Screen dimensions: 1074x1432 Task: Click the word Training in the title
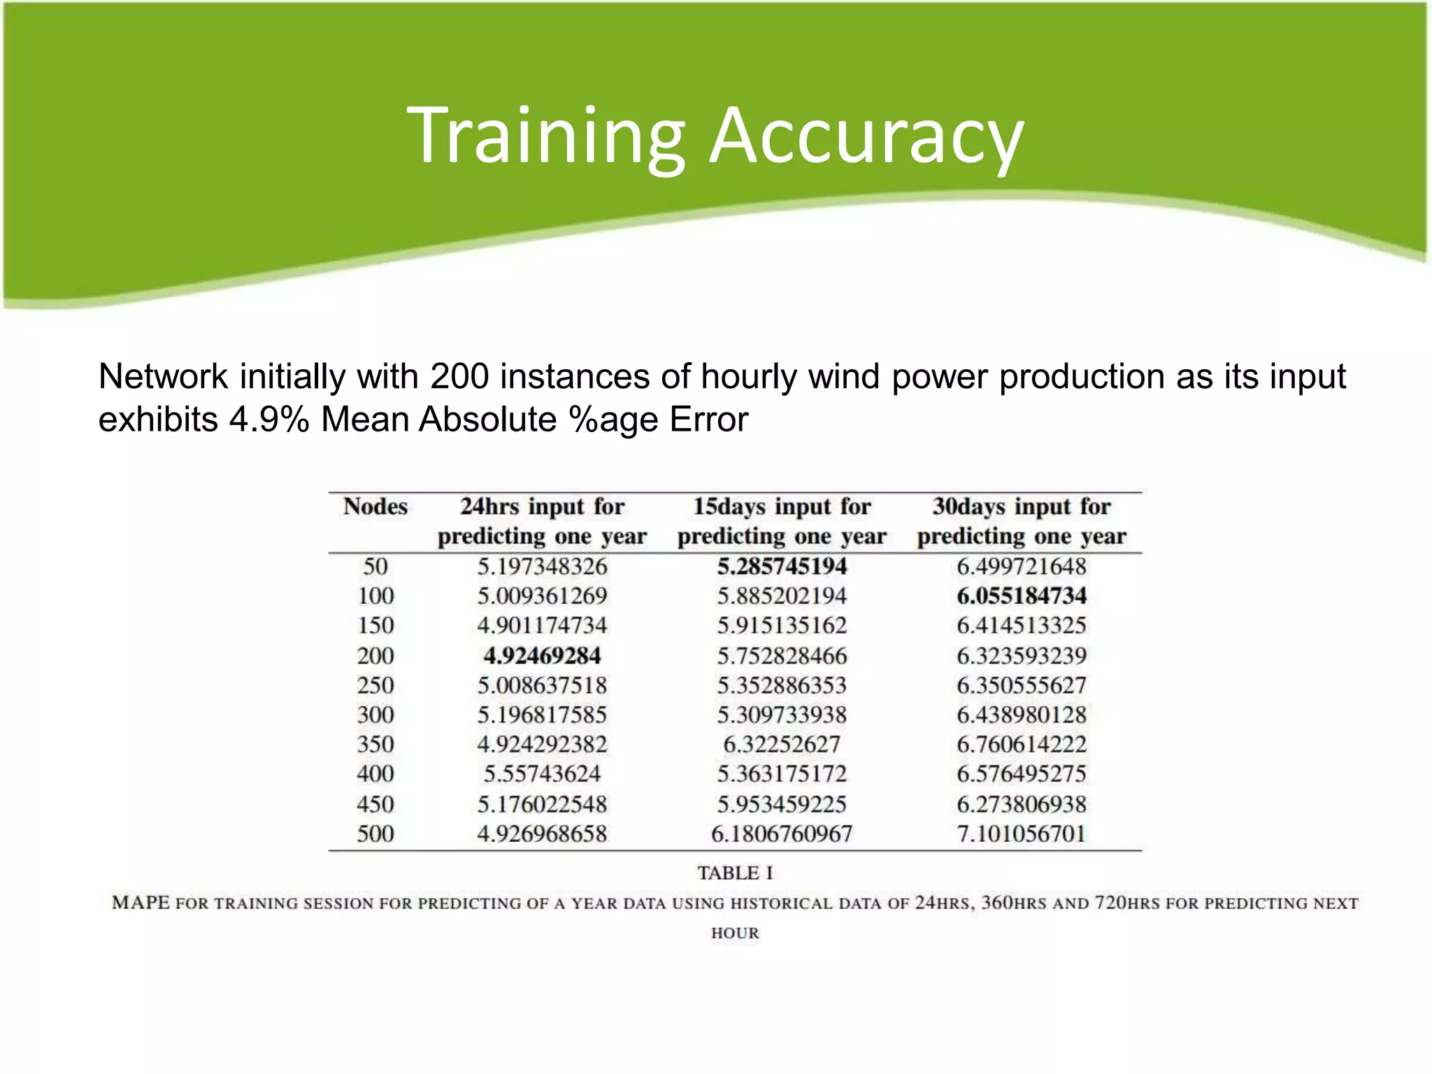[x=545, y=136]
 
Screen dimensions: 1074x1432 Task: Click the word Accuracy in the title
[x=867, y=136]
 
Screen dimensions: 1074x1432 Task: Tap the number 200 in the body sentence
[x=459, y=377]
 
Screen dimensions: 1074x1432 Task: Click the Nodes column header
[x=375, y=506]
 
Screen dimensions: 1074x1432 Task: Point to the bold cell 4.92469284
[x=542, y=656]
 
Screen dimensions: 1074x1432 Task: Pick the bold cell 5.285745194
[x=782, y=566]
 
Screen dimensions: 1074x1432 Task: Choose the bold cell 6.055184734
[x=1022, y=596]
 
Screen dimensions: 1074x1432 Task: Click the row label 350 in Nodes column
[x=375, y=744]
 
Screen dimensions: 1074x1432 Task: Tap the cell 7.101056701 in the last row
[x=1022, y=833]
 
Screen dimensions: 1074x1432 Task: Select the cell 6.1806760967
[x=782, y=833]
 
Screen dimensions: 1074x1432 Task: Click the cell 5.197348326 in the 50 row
[x=542, y=566]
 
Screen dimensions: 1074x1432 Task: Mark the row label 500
[x=375, y=833]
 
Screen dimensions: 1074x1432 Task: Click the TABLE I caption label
[x=735, y=873]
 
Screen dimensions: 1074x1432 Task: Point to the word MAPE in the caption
[x=141, y=903]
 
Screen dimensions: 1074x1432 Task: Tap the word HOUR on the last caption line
[x=735, y=933]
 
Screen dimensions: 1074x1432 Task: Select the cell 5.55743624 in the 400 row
[x=542, y=773]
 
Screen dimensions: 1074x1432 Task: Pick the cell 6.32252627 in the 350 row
[x=782, y=744]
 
